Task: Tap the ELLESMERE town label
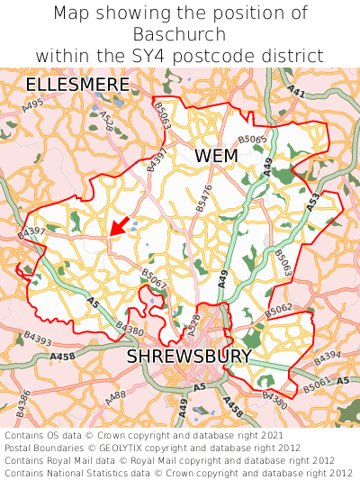point(77,85)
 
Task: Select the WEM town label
point(216,156)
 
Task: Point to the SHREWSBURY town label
point(188,357)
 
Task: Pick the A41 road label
point(296,91)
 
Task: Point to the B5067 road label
point(153,279)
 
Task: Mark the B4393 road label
point(38,339)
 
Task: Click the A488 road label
point(115,395)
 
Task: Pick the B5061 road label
point(316,386)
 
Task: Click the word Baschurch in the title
point(179,35)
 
